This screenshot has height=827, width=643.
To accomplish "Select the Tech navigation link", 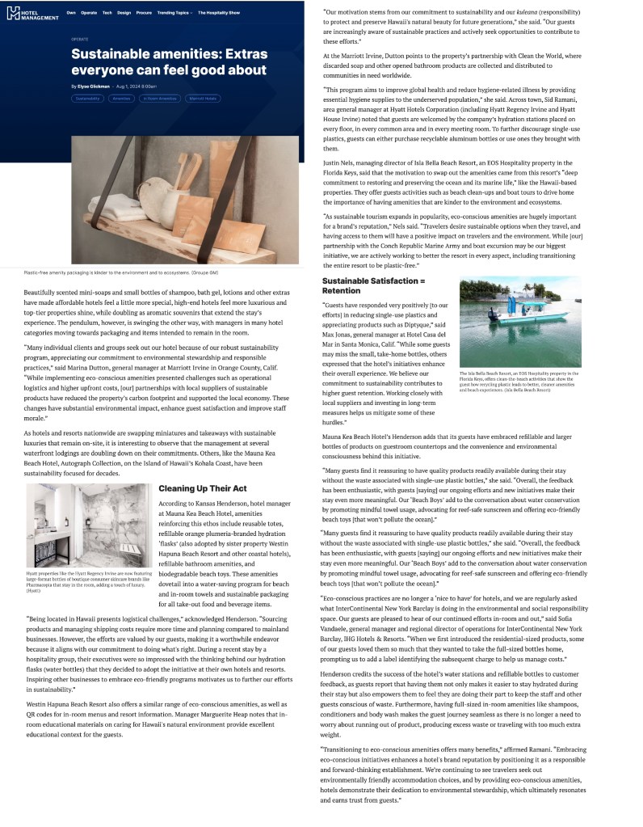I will (x=107, y=13).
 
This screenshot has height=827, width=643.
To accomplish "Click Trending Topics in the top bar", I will (x=174, y=13).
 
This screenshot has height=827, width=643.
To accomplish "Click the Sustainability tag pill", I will (x=87, y=98).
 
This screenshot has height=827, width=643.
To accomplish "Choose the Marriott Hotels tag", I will (x=203, y=98).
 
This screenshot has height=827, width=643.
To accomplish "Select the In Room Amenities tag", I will (x=159, y=98).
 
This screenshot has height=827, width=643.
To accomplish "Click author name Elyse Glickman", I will (x=95, y=86).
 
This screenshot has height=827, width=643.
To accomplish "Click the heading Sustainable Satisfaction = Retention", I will (x=373, y=285).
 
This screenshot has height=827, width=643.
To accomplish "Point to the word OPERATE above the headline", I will (x=79, y=38).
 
